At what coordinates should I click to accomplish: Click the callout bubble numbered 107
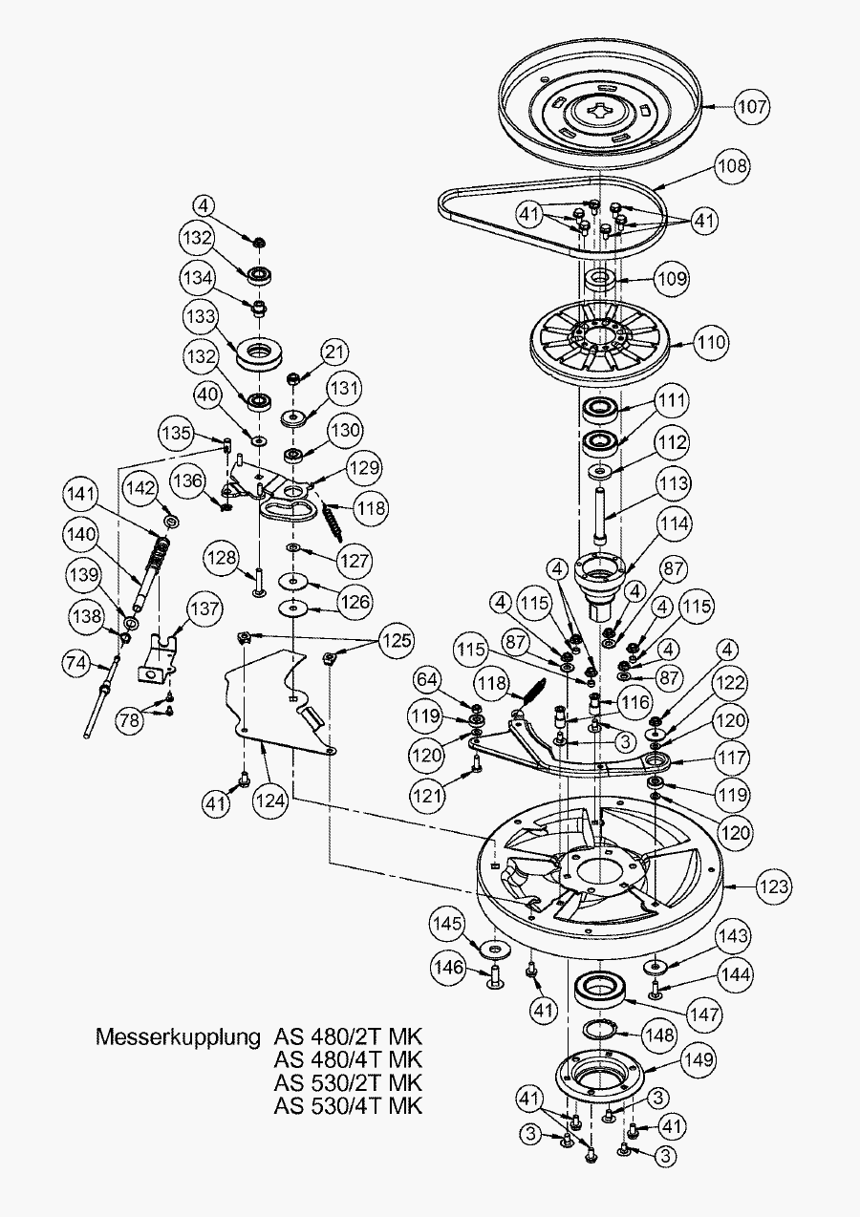(x=752, y=106)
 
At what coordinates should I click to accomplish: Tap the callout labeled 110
(x=711, y=341)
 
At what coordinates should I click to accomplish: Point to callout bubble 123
(x=774, y=886)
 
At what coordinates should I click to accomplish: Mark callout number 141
(x=83, y=493)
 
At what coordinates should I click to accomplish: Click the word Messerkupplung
(x=178, y=1036)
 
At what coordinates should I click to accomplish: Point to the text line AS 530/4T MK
(x=348, y=1106)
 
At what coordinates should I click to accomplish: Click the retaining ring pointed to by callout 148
(x=601, y=1029)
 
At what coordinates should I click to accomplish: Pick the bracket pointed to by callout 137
(x=158, y=659)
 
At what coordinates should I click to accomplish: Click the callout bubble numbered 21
(x=333, y=352)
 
